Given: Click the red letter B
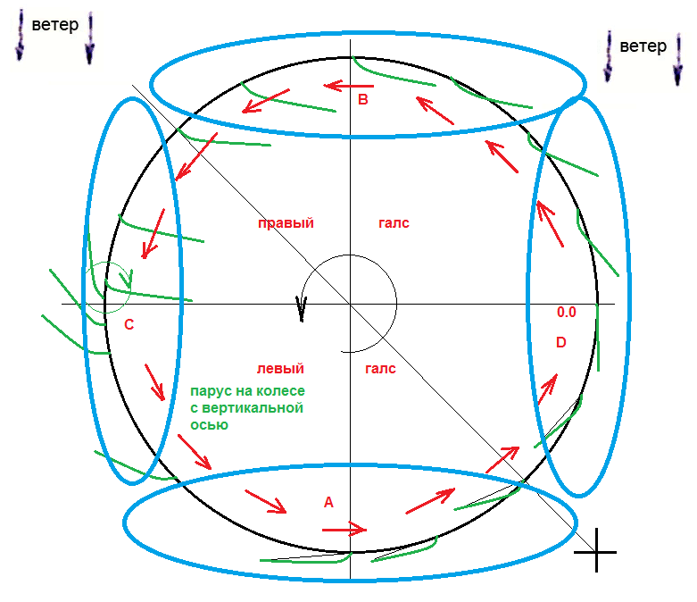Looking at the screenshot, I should pyautogui.click(x=363, y=100).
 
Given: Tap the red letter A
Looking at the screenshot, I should pyautogui.click(x=328, y=503).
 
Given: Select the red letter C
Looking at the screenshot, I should pyautogui.click(x=129, y=325).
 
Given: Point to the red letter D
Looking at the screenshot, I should pyautogui.click(x=560, y=342).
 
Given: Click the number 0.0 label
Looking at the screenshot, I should pyautogui.click(x=567, y=313).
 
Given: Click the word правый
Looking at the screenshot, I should pyautogui.click(x=286, y=223).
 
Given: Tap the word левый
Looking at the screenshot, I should pyautogui.click(x=280, y=369).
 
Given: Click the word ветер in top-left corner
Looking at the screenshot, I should pyautogui.click(x=54, y=25).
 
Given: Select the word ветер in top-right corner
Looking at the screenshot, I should pyautogui.click(x=643, y=46).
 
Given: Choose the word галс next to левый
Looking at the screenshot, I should pyautogui.click(x=381, y=369).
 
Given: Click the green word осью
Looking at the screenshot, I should pyautogui.click(x=210, y=425).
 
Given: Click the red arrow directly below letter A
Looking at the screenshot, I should pyautogui.click(x=344, y=529).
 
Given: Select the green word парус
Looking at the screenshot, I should pyautogui.click(x=211, y=392).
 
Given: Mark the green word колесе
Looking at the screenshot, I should pyautogui.click(x=281, y=392).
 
